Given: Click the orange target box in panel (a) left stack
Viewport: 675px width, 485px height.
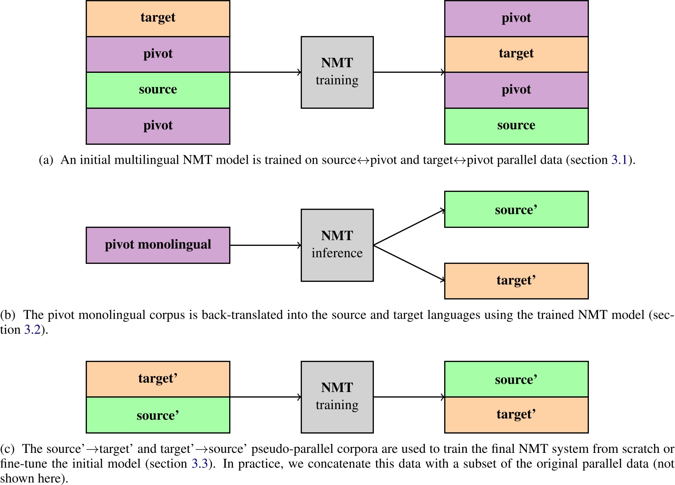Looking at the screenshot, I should click(158, 18).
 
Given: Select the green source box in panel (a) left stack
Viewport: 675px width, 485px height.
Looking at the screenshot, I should click(158, 90).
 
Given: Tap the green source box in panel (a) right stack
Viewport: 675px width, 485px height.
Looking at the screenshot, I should click(516, 126).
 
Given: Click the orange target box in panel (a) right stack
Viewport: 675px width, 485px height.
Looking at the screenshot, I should click(516, 54).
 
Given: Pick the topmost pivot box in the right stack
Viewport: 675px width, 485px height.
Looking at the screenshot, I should click(516, 18).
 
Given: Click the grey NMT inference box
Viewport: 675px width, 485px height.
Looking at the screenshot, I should click(337, 245).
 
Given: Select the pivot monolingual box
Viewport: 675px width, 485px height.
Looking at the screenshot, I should click(158, 245).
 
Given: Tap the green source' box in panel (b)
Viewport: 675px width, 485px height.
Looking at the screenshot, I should click(516, 210).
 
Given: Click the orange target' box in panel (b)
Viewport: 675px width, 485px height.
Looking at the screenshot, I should click(516, 281).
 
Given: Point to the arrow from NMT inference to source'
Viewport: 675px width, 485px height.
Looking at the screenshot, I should click(409, 228).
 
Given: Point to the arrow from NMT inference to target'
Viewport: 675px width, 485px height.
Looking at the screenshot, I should click(409, 263).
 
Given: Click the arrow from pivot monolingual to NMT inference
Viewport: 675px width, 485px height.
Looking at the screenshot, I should click(266, 245).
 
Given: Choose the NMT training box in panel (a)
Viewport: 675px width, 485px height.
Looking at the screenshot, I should click(337, 72).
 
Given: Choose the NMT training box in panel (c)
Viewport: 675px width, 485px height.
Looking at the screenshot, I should click(337, 397).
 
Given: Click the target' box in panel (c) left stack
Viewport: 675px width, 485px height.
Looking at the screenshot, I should click(158, 379).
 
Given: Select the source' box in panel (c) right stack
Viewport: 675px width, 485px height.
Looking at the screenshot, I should click(516, 379).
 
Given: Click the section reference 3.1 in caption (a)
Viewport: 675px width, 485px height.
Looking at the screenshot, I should click(619, 160).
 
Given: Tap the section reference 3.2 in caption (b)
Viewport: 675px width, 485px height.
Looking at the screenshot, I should click(32, 330).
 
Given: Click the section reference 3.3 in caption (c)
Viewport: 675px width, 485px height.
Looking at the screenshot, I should click(200, 464).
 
